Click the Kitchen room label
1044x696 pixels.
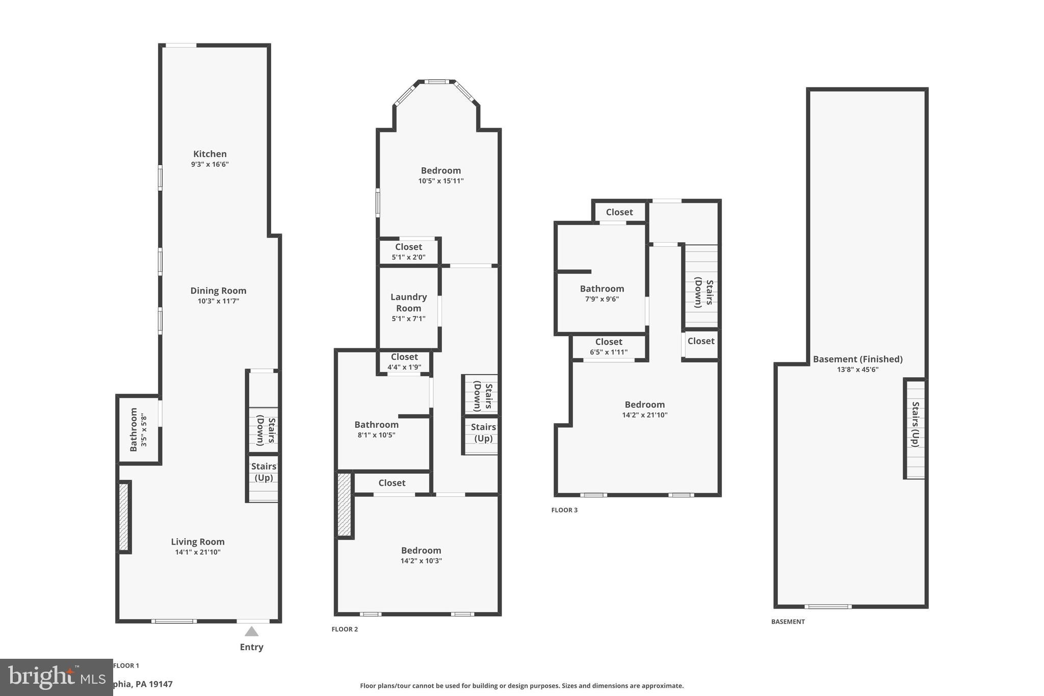click(210, 154)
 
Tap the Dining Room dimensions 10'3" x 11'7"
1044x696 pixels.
click(218, 301)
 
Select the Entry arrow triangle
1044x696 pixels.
click(251, 632)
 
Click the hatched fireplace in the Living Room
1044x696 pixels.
click(123, 517)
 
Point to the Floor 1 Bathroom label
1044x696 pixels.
click(134, 429)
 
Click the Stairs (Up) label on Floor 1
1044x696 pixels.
click(264, 472)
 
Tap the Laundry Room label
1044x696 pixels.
click(408, 302)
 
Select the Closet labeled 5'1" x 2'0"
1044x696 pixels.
click(408, 251)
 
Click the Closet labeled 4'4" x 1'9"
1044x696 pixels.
click(404, 362)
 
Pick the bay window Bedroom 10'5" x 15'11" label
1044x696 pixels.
click(440, 171)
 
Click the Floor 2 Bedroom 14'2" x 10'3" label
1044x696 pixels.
click(421, 551)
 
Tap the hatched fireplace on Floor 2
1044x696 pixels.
click(345, 504)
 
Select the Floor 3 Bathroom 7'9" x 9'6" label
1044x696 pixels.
click(602, 289)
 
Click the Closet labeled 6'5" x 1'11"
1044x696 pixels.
click(609, 346)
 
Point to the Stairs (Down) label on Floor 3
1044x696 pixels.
click(703, 293)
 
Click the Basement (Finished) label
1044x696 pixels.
click(857, 359)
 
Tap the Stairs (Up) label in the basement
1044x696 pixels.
click(915, 424)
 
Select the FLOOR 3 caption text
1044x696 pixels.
click(564, 510)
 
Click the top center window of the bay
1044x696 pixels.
click(437, 82)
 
